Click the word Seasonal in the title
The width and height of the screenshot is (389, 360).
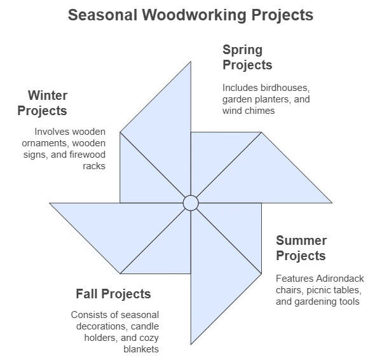point(102,15)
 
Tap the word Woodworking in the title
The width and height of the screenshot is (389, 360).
point(194,15)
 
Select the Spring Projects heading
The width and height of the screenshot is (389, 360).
point(247,57)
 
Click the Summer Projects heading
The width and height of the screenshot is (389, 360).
point(301,248)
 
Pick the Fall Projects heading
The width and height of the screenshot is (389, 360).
point(113,294)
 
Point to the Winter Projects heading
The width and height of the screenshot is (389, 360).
point(43,103)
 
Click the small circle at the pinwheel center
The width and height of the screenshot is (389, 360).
point(191,203)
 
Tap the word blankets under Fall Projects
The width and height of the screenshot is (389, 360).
point(141,349)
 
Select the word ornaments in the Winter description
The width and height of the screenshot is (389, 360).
point(44,143)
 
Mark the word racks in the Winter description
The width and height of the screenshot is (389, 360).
point(94,166)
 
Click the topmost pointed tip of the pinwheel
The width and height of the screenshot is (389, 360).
point(191,62)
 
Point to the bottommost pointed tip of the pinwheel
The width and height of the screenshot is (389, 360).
point(191,344)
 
